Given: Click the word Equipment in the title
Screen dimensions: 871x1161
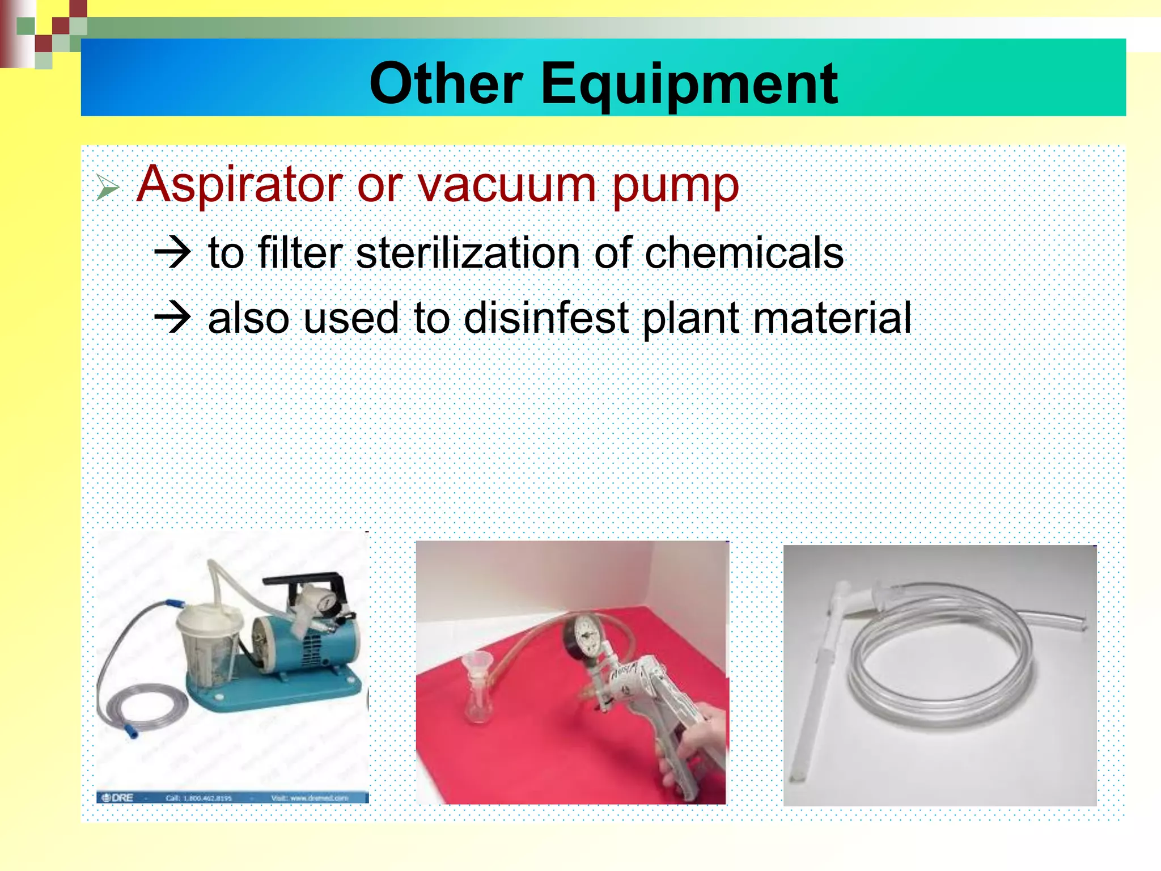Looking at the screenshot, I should [689, 85].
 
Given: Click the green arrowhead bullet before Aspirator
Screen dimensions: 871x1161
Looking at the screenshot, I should [107, 187].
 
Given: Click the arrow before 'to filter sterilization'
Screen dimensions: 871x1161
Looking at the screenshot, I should [172, 252].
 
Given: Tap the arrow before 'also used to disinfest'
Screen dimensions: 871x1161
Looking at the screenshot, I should [172, 317].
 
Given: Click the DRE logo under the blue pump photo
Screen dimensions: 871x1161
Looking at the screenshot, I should [117, 797].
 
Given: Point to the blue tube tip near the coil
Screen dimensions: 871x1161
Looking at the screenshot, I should [132, 733].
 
